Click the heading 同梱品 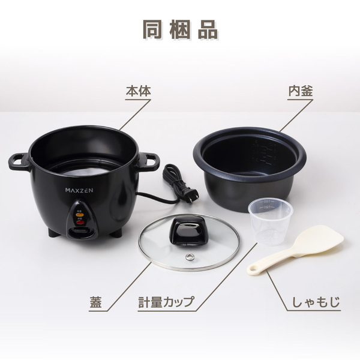click(180, 29)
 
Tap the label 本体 click(137, 92)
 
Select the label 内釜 click(301, 92)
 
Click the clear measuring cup click(270, 221)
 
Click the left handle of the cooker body click(19, 161)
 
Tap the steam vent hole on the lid click(190, 257)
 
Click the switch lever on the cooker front click(80, 230)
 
